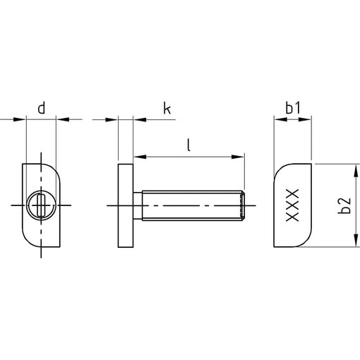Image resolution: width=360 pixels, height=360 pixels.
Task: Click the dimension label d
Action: pos(42,109)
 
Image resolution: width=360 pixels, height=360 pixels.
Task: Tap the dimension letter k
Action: pos(167,109)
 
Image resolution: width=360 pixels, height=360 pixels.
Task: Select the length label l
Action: pos(188,145)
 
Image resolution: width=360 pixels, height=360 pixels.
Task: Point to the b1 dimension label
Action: pos(293,109)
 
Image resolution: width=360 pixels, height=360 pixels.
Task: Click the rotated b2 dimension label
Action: pos(344,205)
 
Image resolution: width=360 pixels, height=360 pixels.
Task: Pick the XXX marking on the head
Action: pos(292,205)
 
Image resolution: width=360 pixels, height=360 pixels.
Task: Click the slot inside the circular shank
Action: pos(42,205)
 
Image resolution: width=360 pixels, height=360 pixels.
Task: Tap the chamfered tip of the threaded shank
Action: pos(242,205)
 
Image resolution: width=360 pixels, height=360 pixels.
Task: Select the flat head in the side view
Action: pos(126,205)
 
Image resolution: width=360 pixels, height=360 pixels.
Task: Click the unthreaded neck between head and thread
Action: pos(138,205)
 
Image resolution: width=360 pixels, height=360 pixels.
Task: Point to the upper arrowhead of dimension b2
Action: pos(356,171)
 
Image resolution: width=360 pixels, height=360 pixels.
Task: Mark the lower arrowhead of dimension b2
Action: pos(356,241)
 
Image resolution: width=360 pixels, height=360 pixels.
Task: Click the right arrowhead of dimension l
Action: pos(238,157)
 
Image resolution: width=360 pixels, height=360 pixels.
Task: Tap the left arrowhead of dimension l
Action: pos(140,157)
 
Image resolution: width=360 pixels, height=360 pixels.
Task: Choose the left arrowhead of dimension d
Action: pos(20,119)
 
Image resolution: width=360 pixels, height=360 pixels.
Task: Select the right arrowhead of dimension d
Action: pos(63,119)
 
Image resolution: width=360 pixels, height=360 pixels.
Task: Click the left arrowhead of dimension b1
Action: pos(281,119)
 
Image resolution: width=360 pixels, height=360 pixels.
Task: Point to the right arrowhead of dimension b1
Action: pos(305,119)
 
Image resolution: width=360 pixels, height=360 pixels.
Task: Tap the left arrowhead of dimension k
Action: pos(112,120)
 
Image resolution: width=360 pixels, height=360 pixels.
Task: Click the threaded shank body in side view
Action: pos(191,205)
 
